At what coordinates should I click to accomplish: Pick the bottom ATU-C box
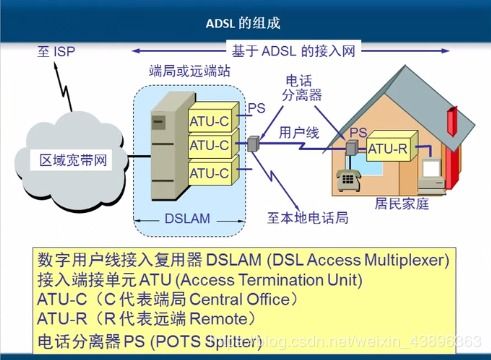point(208,172)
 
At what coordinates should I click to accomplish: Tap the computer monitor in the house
point(432,161)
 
